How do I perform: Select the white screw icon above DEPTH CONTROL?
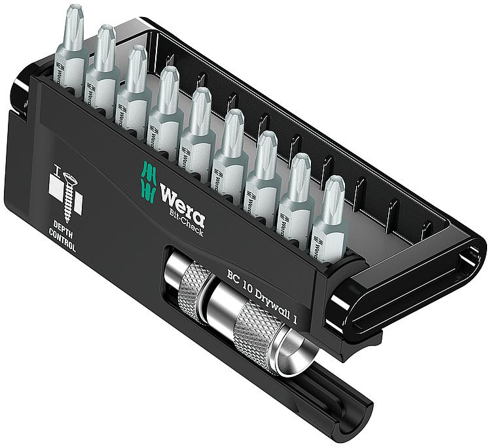(65, 197)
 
